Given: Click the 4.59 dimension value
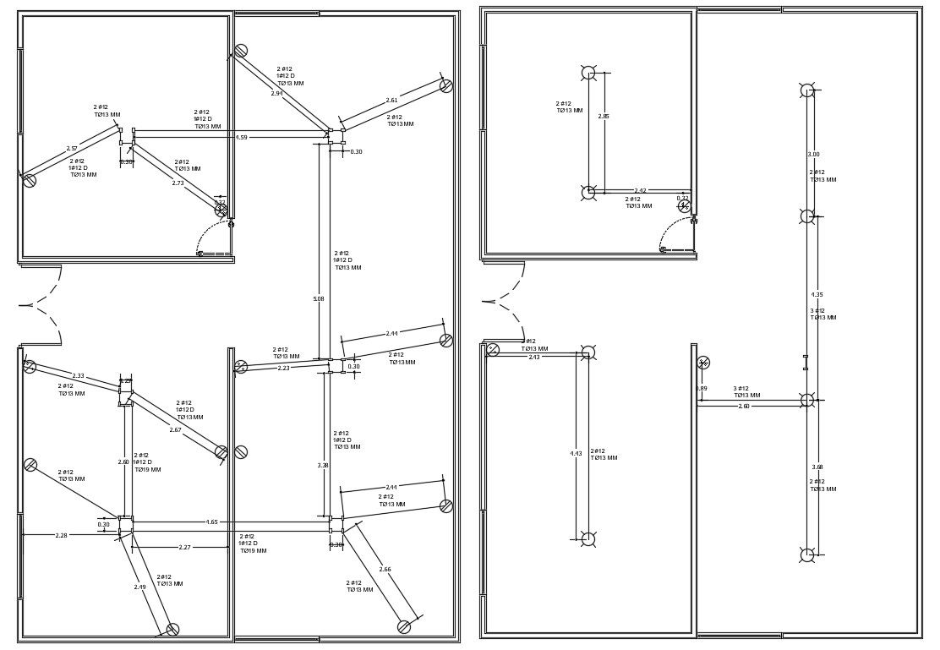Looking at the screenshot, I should pos(241,137).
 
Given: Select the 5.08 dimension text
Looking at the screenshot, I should pos(319,298).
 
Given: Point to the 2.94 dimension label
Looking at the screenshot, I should pos(276,93).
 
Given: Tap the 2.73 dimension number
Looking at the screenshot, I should pos(178,183).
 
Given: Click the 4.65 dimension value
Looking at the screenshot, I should pos(211,522).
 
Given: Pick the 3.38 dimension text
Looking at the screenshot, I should pos(323,465).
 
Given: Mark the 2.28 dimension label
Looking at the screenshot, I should pos(61,535).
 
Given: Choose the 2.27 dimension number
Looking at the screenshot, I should pos(184,548).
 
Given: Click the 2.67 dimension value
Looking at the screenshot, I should pos(175,429).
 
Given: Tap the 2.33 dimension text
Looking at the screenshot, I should pos(78,375).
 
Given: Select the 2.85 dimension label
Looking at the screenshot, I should pos(604,117).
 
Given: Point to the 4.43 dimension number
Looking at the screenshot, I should pos(576,453).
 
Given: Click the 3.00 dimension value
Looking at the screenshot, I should pos(813,154).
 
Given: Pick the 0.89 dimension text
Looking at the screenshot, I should pos(702,389).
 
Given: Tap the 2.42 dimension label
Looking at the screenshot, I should pos(640,191).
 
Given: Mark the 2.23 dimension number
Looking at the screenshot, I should pos(283,368).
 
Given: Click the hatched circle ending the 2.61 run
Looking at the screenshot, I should pos(446,85).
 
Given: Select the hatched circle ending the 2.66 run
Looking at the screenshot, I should pos(404,627).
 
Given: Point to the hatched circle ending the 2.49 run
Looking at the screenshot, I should pos(172,630).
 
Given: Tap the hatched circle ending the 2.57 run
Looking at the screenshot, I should pos(30,180).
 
